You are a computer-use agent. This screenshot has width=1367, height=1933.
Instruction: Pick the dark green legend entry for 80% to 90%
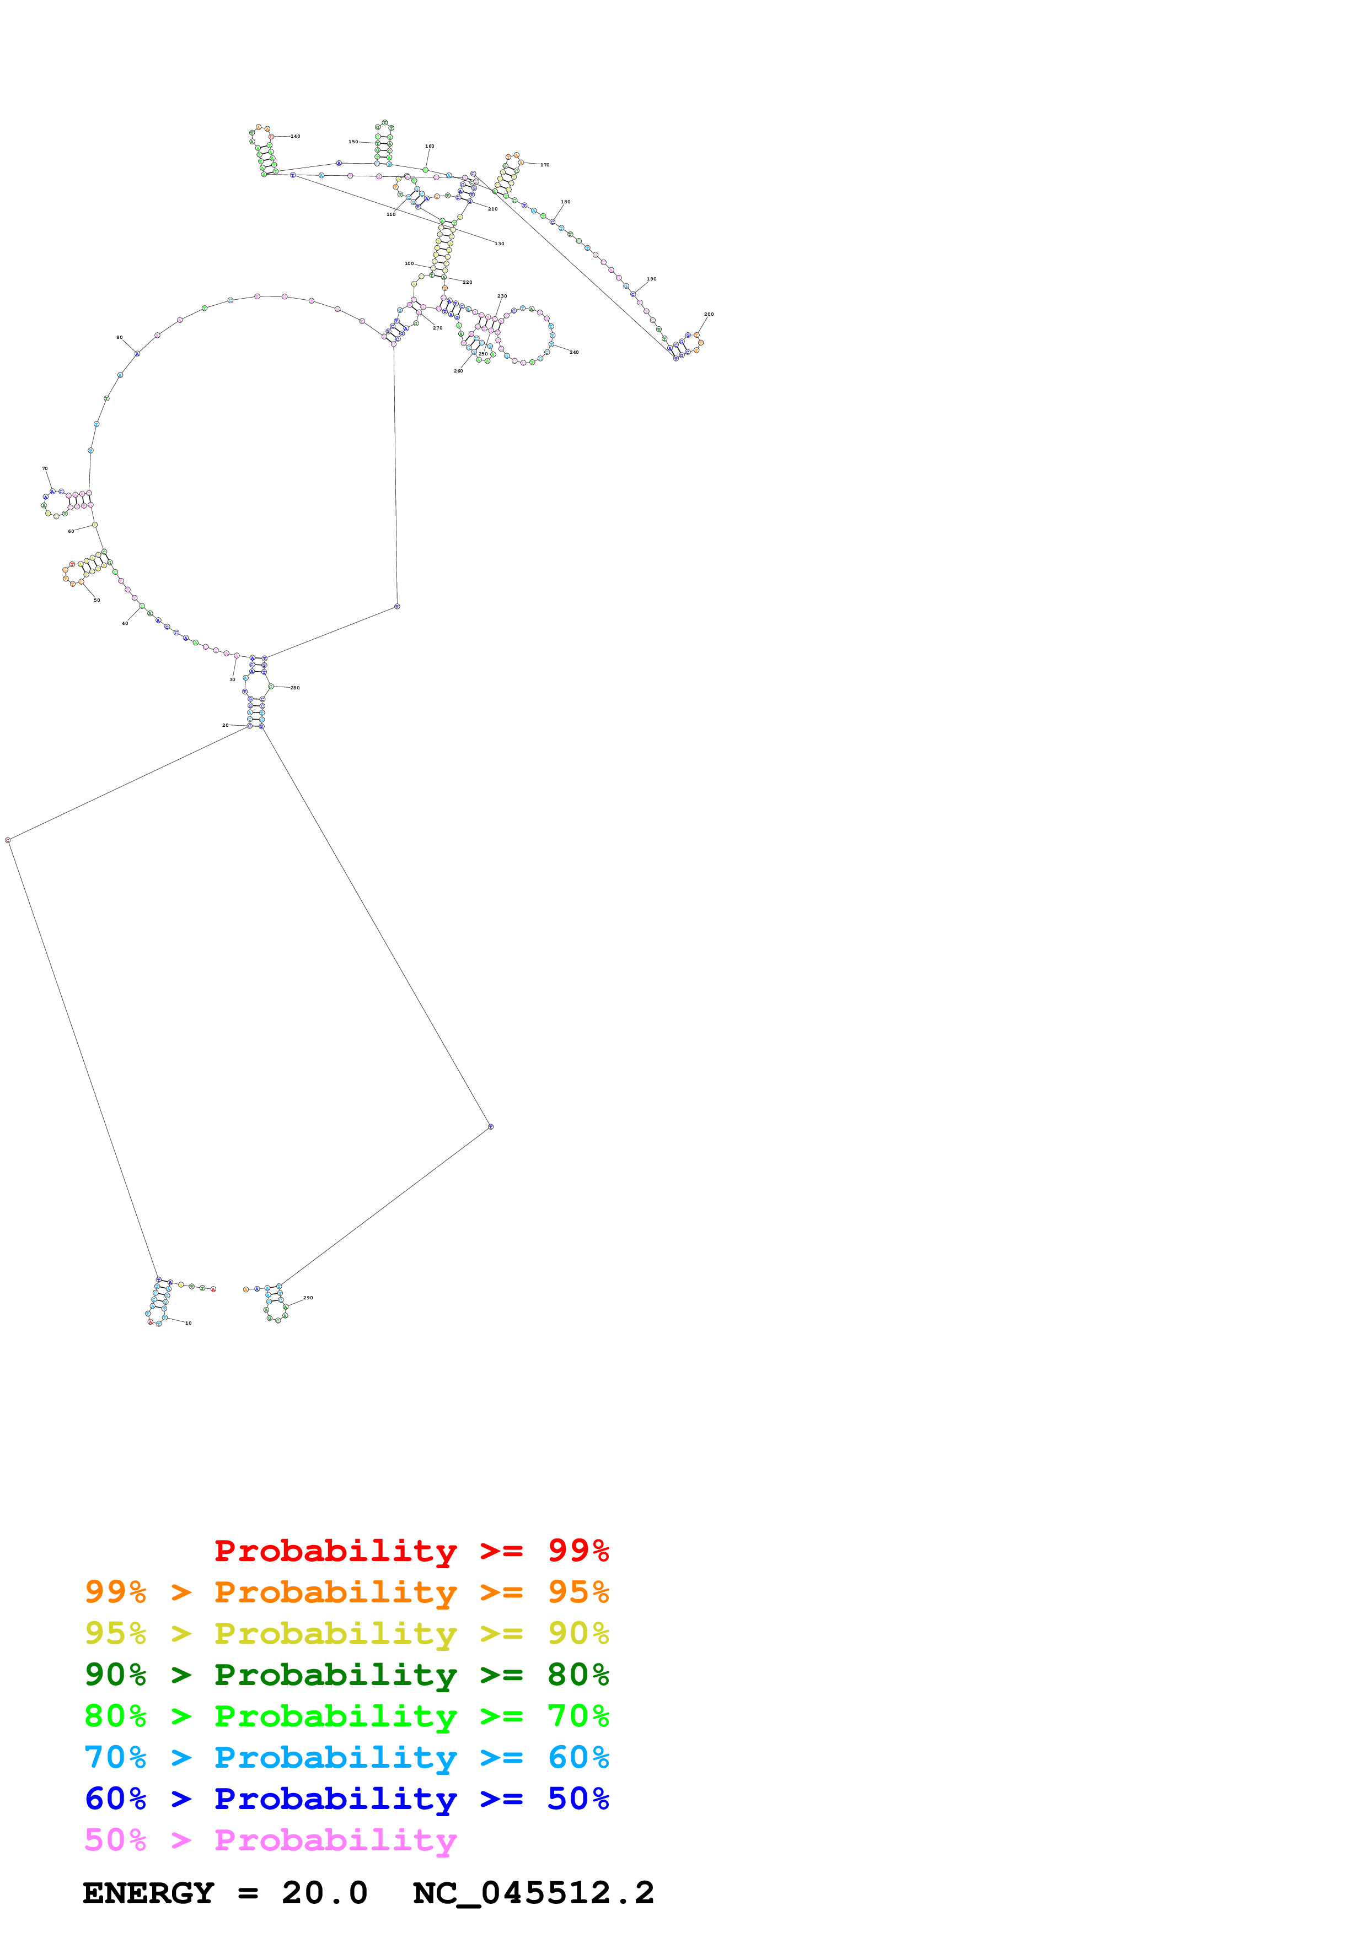[346, 1675]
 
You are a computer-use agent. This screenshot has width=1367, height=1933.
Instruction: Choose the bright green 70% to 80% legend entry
[346, 1716]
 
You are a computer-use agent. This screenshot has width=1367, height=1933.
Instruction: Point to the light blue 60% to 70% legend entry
[346, 1757]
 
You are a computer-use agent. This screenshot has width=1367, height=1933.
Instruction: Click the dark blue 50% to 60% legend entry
[346, 1799]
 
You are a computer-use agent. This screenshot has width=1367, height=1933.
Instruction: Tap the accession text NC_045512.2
[533, 1893]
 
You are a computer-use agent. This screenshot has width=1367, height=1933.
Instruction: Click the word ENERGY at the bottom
[148, 1893]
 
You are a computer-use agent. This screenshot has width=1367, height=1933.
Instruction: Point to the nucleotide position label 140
[295, 137]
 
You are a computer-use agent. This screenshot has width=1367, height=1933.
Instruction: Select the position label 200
[709, 314]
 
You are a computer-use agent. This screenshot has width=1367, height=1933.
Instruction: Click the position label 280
[295, 688]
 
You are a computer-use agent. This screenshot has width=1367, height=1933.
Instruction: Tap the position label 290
[308, 1297]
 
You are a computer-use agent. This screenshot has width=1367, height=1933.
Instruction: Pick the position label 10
[189, 1322]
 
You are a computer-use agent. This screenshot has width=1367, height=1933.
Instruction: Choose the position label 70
[45, 468]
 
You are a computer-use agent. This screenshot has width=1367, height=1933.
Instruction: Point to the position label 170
[545, 165]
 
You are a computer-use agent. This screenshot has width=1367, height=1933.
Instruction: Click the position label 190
[651, 279]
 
